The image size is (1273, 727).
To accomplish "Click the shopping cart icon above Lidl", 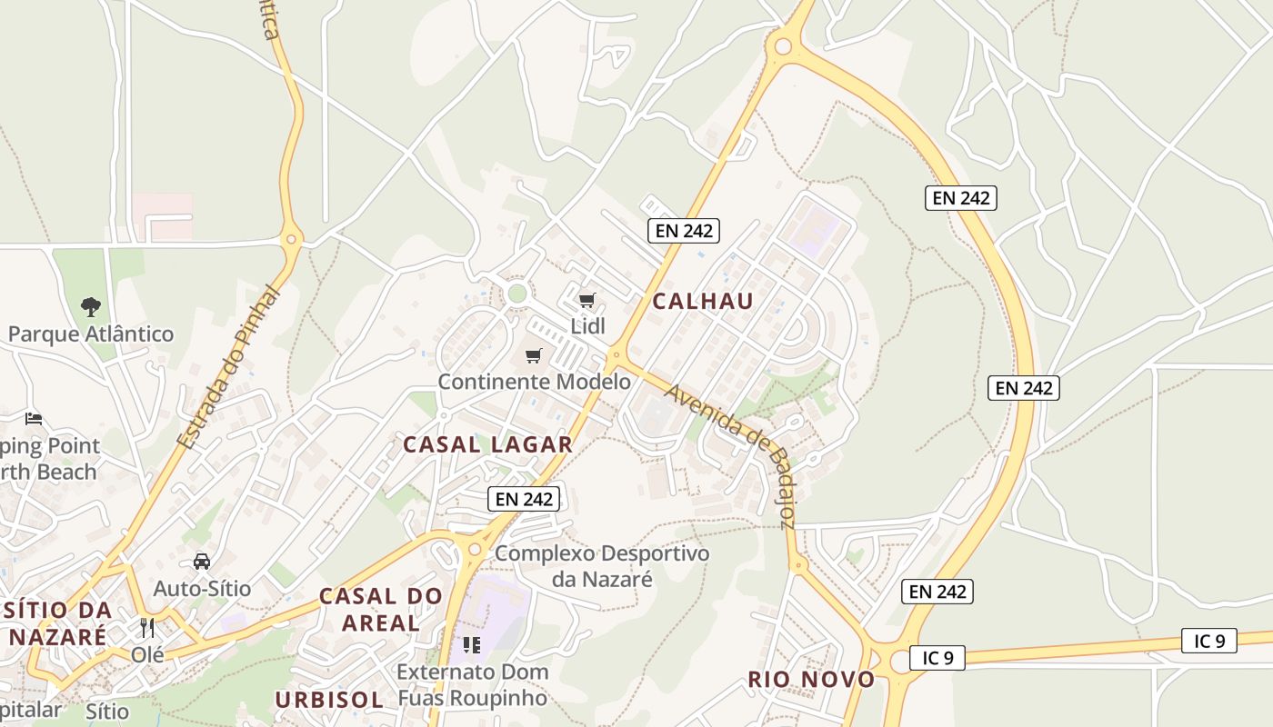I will (587, 300).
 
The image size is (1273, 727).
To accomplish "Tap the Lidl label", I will (587, 325).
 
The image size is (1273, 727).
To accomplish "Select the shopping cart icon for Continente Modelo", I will (534, 355).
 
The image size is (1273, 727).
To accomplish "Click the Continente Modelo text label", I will (534, 382).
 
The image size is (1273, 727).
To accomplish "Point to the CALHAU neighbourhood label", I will (703, 302).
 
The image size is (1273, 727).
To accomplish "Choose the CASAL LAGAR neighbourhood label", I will (487, 444).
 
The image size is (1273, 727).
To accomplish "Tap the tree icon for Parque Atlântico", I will (91, 306).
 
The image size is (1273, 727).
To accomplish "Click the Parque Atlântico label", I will (91, 334).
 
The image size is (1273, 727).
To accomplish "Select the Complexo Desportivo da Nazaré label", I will (602, 565).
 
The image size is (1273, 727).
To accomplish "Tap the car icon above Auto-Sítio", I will (202, 562).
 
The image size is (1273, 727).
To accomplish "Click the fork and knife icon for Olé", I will (147, 627).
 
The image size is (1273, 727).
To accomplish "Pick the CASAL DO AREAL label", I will (381, 610).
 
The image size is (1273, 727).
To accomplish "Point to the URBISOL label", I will (329, 700).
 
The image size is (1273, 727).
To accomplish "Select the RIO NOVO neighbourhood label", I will (811, 680).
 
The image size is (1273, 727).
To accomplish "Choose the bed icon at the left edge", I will (34, 419).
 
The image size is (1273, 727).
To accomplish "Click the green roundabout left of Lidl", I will (517, 294).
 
